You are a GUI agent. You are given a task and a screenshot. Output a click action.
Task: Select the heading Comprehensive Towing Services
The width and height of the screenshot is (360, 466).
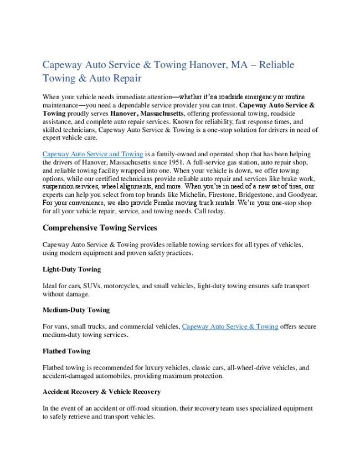(x=100, y=228)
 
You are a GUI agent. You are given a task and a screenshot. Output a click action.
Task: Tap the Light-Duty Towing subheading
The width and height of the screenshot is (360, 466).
(x=71, y=269)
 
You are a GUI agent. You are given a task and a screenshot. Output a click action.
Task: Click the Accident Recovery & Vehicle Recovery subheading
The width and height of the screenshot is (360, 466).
(x=101, y=392)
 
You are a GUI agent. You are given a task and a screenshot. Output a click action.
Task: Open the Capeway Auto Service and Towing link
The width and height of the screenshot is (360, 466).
(x=92, y=153)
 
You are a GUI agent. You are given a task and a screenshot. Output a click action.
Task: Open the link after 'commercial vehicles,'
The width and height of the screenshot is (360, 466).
(x=230, y=326)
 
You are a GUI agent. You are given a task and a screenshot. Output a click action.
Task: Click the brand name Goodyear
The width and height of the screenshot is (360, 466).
(x=302, y=194)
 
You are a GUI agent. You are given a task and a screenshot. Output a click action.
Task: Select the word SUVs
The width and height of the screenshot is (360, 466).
(x=100, y=286)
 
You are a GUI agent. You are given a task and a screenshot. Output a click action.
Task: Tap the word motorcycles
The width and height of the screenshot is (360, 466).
(x=136, y=286)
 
